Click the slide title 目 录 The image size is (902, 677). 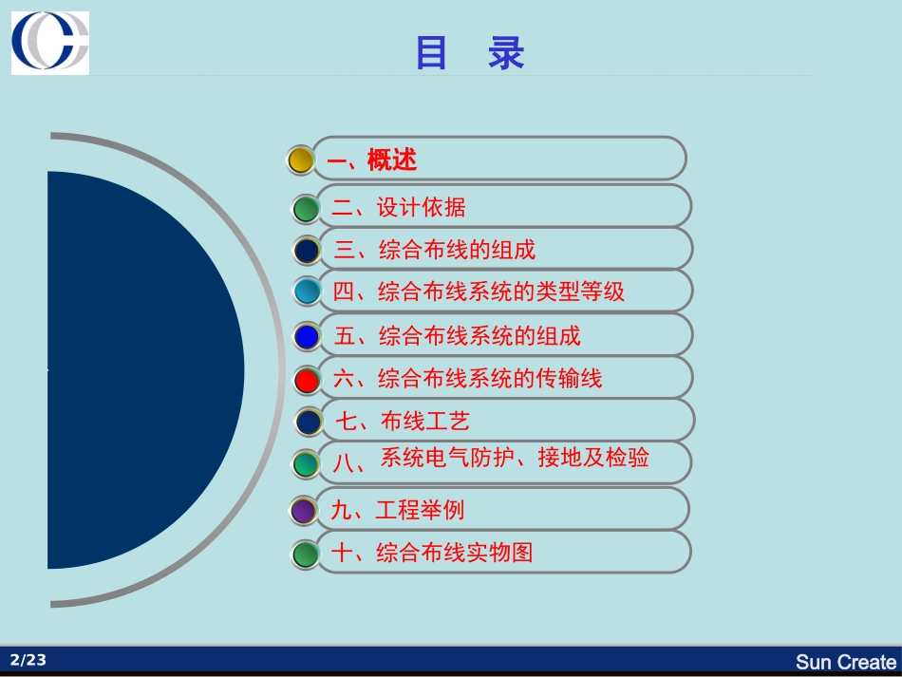tap(470, 54)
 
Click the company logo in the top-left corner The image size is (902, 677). tap(50, 43)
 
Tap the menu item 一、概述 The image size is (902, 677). tap(372, 160)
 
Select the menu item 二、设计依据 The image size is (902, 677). tap(399, 207)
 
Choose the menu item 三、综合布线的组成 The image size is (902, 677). tap(435, 250)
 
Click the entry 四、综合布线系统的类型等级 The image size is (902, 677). tap(479, 291)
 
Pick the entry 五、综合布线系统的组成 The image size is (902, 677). tap(457, 335)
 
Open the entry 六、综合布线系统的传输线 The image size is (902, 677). tap(467, 379)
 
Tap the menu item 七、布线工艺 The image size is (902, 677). tap(403, 421)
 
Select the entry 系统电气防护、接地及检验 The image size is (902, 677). tap(515, 458)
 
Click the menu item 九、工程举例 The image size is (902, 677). tap(398, 510)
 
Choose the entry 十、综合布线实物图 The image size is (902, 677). tap(432, 552)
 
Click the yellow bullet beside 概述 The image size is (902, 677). tap(301, 160)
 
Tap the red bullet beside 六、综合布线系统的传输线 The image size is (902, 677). tap(307, 380)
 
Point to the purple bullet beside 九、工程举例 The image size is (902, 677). tap(303, 511)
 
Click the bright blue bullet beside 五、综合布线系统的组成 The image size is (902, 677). tap(307, 336)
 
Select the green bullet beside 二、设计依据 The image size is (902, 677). tap(306, 208)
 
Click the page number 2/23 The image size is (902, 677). tap(28, 660)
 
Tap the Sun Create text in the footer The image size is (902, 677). tap(845, 662)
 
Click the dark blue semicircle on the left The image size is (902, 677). tap(142, 370)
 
